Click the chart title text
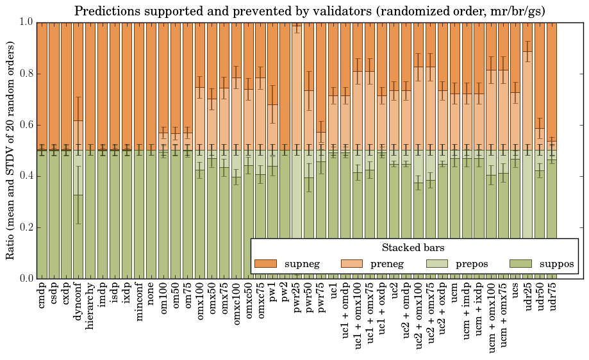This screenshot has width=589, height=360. (310, 11)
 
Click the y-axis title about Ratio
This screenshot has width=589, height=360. (11, 151)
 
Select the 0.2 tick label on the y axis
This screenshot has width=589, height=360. (25, 227)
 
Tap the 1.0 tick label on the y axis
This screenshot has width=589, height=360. (25, 22)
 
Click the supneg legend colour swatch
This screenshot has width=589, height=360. (265, 264)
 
